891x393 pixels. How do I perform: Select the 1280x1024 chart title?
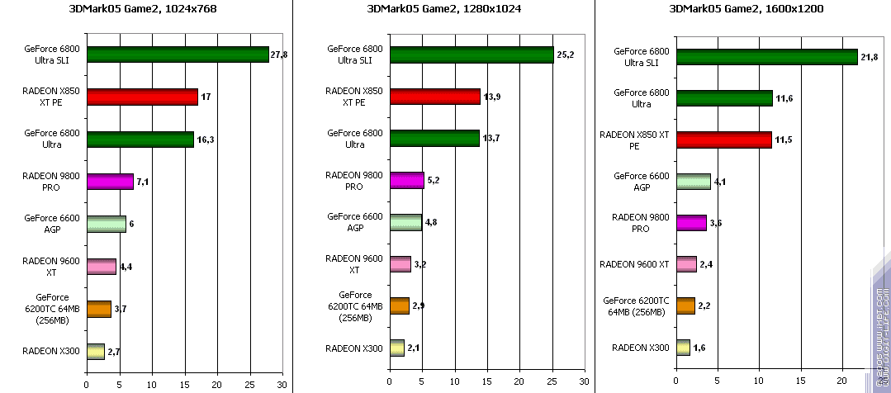[445, 9]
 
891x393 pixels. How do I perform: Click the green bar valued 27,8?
[178, 54]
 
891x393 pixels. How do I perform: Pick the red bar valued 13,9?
[434, 97]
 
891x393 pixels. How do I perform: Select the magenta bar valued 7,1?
[110, 181]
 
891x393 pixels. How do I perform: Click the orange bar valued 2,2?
[685, 306]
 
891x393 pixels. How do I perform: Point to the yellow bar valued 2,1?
[396, 348]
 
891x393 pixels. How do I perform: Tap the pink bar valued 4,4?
[101, 266]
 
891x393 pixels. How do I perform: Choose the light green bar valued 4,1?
[693, 182]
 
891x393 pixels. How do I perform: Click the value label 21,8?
[870, 56]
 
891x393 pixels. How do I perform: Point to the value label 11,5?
[784, 140]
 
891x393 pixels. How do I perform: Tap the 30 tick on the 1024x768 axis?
[282, 384]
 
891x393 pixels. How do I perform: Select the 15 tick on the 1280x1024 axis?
[486, 384]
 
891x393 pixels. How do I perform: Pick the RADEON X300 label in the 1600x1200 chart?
[640, 348]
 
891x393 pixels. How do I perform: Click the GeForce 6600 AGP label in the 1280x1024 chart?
[354, 222]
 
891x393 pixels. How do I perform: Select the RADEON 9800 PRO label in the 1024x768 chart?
[51, 181]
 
